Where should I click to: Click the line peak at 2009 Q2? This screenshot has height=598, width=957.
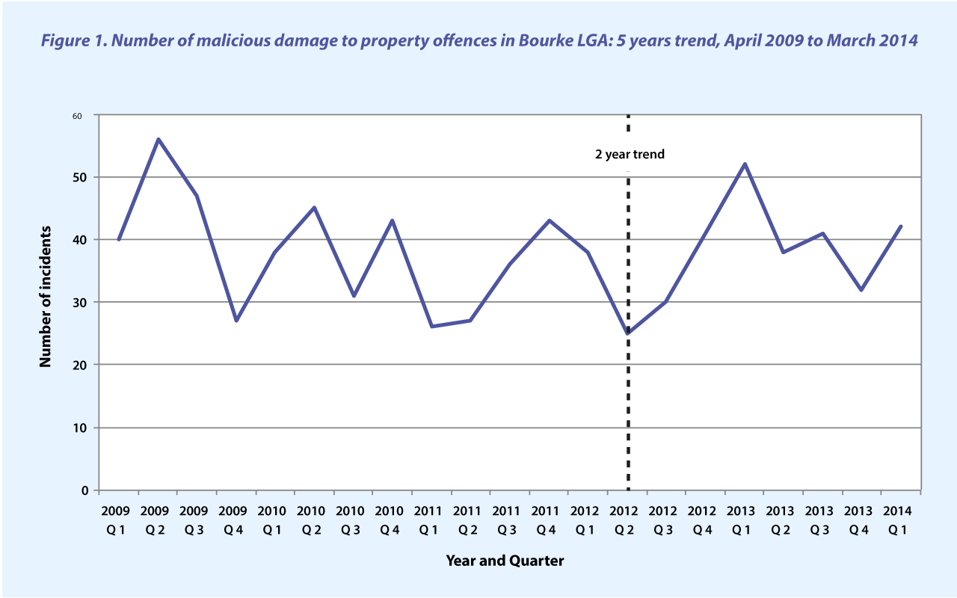pos(159,139)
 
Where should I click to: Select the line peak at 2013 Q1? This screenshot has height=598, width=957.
pos(745,164)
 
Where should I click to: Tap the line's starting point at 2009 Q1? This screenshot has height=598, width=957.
pos(119,239)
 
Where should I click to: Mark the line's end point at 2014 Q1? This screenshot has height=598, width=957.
pos(901,226)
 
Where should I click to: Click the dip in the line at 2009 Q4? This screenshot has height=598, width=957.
pos(236,321)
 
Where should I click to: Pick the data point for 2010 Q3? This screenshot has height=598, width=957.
pos(354,295)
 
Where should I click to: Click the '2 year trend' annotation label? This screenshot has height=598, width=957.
pos(630,155)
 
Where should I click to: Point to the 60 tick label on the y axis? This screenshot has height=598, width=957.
pos(77,116)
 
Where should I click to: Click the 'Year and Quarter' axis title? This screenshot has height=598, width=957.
pos(505,560)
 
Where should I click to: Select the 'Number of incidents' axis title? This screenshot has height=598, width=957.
pos(46,296)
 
